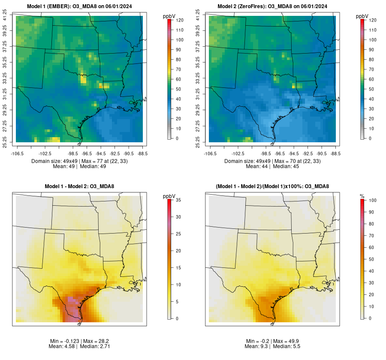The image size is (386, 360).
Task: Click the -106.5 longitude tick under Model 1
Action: pos(17,153)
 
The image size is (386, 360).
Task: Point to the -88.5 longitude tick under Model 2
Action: pos(336,153)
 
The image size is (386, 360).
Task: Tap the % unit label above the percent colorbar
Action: pos(362,196)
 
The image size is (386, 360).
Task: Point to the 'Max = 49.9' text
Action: pos(283,341)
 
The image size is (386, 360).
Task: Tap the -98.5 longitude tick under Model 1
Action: pos(73,153)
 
